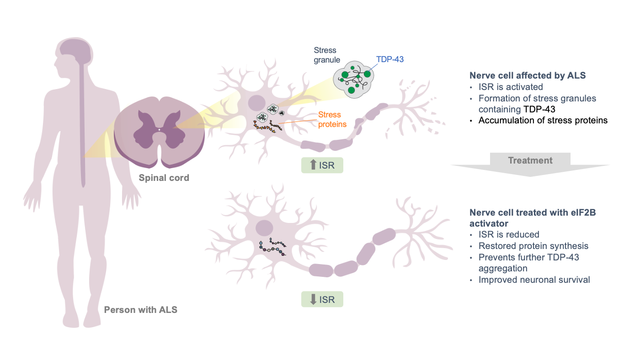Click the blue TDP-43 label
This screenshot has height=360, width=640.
pyautogui.click(x=389, y=59)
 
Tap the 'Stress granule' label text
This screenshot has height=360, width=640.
pyautogui.click(x=327, y=55)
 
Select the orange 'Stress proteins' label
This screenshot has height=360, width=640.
pyautogui.click(x=332, y=119)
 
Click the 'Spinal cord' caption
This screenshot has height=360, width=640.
pyautogui.click(x=164, y=178)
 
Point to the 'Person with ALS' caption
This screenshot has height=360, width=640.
pyautogui.click(x=141, y=310)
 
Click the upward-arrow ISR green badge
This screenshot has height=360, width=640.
pyautogui.click(x=322, y=165)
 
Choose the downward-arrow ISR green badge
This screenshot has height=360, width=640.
pyautogui.click(x=322, y=299)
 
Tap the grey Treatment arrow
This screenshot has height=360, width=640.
pyautogui.click(x=530, y=164)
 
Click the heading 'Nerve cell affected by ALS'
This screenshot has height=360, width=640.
pyautogui.click(x=528, y=75)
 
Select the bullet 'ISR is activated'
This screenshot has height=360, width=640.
pyautogui.click(x=511, y=87)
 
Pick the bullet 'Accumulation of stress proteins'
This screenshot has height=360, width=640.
pyautogui.click(x=543, y=120)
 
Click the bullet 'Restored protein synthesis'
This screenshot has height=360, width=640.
pyautogui.click(x=533, y=246)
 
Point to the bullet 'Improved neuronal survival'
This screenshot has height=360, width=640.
pyautogui.click(x=534, y=280)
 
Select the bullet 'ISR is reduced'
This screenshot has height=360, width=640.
pyautogui.click(x=509, y=234)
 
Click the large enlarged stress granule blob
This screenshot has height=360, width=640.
pyautogui.click(x=353, y=79)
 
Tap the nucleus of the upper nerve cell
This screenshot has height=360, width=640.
pyautogui.click(x=256, y=103)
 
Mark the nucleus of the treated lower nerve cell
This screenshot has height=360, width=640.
pyautogui.click(x=264, y=228)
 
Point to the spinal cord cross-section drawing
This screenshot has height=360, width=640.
pyautogui.click(x=159, y=132)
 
